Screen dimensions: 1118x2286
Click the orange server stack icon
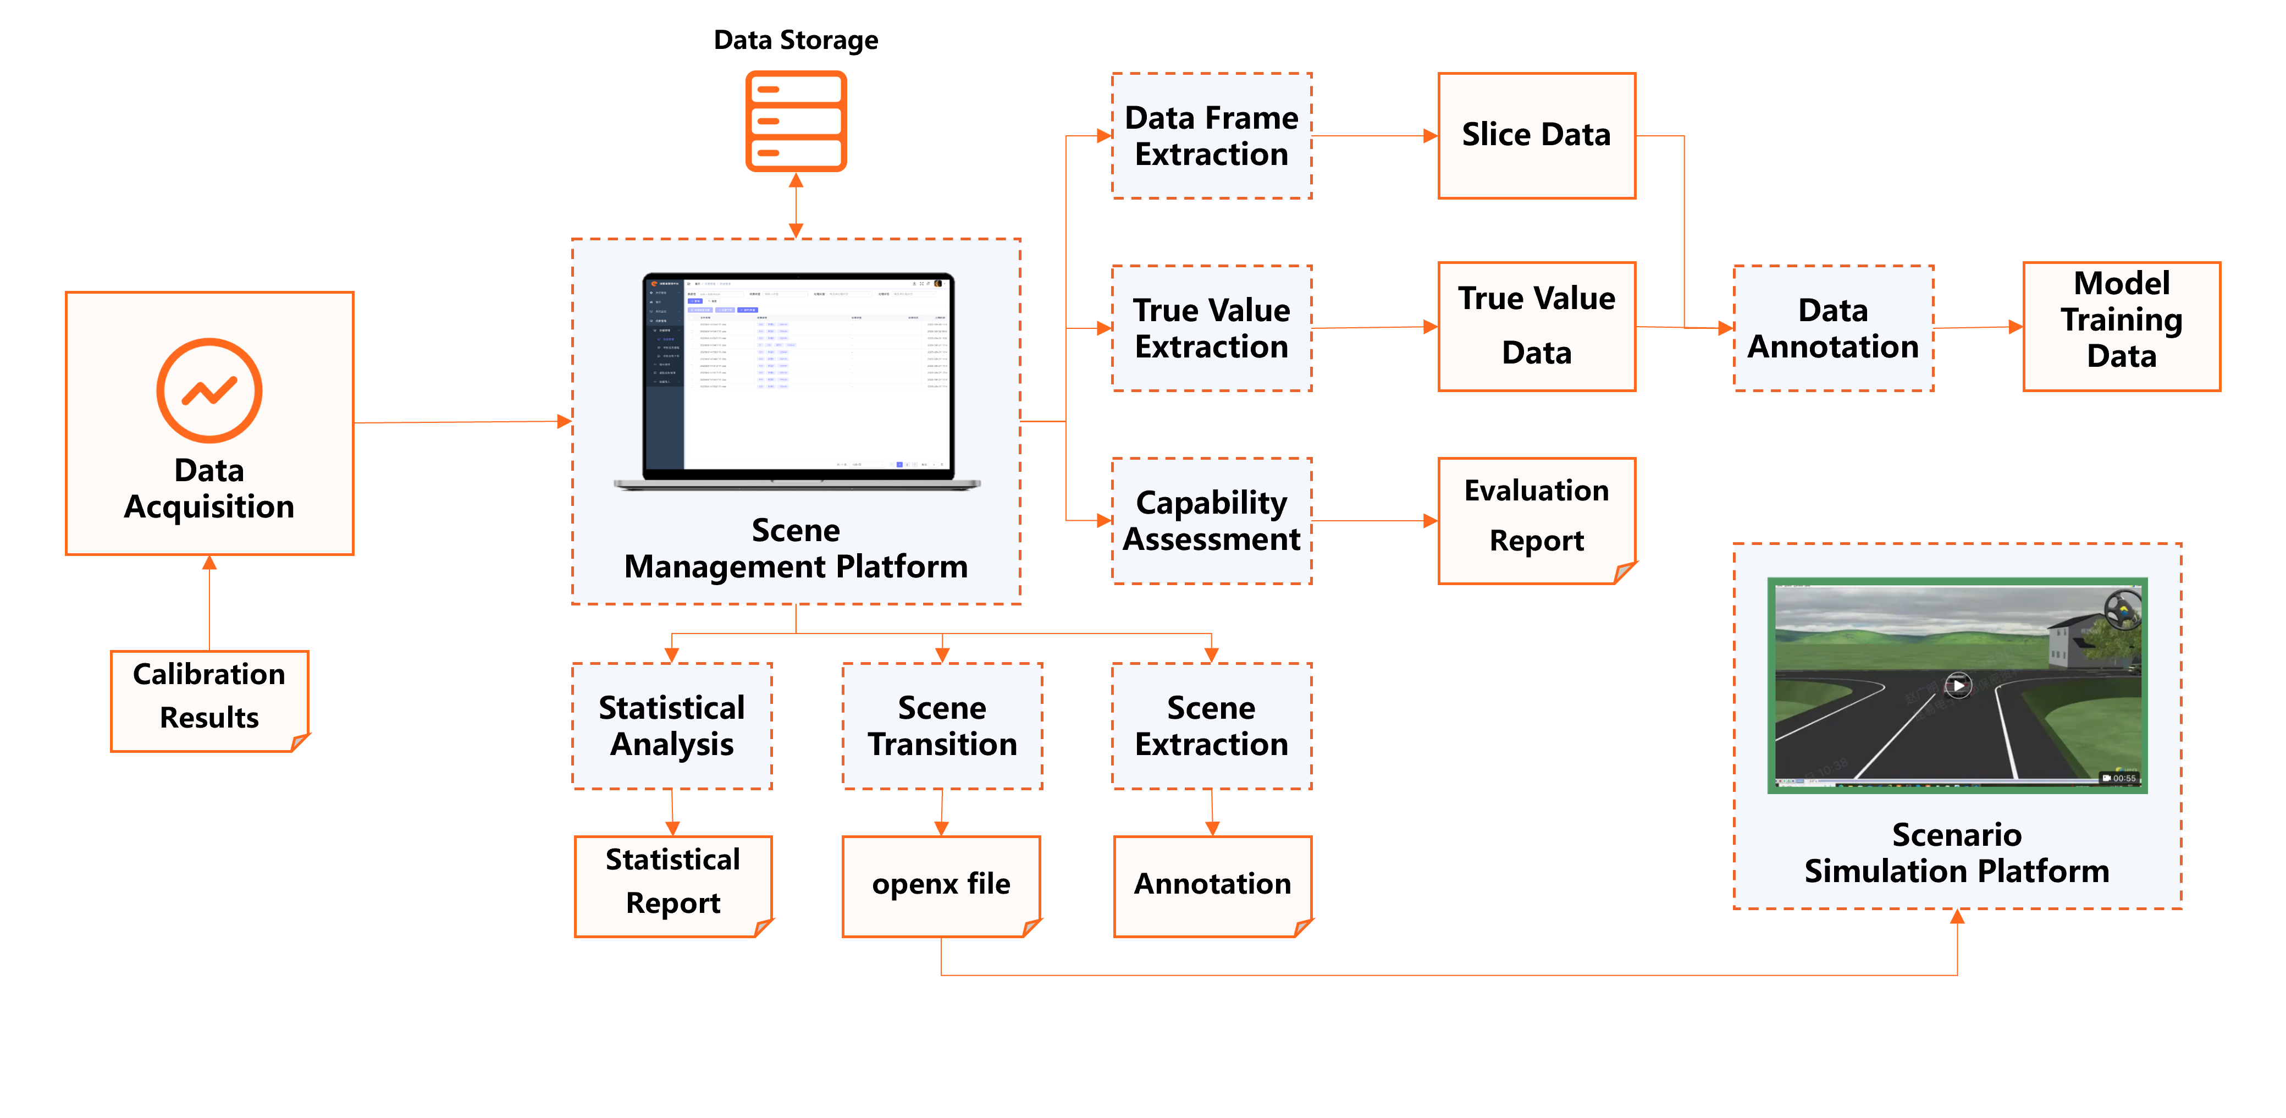coord(796,122)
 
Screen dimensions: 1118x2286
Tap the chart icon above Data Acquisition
coord(209,390)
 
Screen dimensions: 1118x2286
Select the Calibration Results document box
coord(209,700)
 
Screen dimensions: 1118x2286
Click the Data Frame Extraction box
coord(1211,136)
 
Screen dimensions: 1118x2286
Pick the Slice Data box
coord(1536,136)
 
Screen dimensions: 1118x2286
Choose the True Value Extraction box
coord(1211,328)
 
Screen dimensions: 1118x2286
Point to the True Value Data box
coord(1536,327)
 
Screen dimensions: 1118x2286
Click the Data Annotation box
coord(1832,328)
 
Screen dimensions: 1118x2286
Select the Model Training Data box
coord(2121,327)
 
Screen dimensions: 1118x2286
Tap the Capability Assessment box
coord(1211,521)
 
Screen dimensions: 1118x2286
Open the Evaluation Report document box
coord(1536,520)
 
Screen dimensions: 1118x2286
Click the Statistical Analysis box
coord(672,726)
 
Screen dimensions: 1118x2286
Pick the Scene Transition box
coord(942,726)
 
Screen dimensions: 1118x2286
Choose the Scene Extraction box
coord(1211,726)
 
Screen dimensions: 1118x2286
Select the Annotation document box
coord(1212,885)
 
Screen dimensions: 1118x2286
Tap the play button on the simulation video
coord(1958,685)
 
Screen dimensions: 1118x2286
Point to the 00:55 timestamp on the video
coord(2123,778)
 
